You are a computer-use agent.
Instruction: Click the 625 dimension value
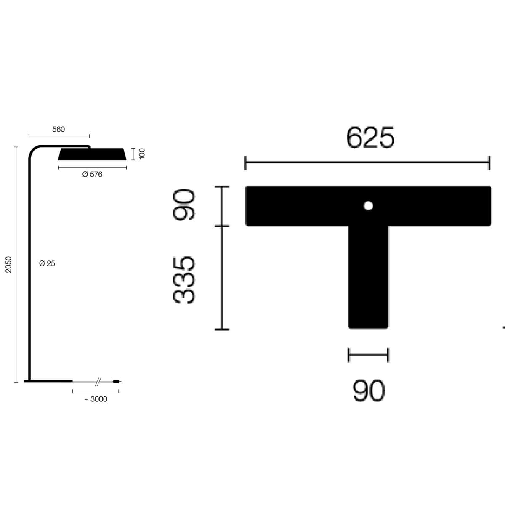tap(370, 137)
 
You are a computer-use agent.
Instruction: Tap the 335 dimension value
tap(184, 279)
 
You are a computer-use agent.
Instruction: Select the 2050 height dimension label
tap(8, 264)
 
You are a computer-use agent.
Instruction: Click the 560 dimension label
tap(58, 129)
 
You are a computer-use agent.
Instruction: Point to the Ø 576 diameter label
tap(92, 174)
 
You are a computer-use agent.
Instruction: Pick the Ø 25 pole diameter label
tap(47, 263)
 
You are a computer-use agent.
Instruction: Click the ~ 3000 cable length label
tap(96, 399)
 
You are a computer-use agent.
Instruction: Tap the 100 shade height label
tap(142, 154)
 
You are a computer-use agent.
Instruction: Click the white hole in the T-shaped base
tap(368, 206)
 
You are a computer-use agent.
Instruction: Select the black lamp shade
tap(92, 154)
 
